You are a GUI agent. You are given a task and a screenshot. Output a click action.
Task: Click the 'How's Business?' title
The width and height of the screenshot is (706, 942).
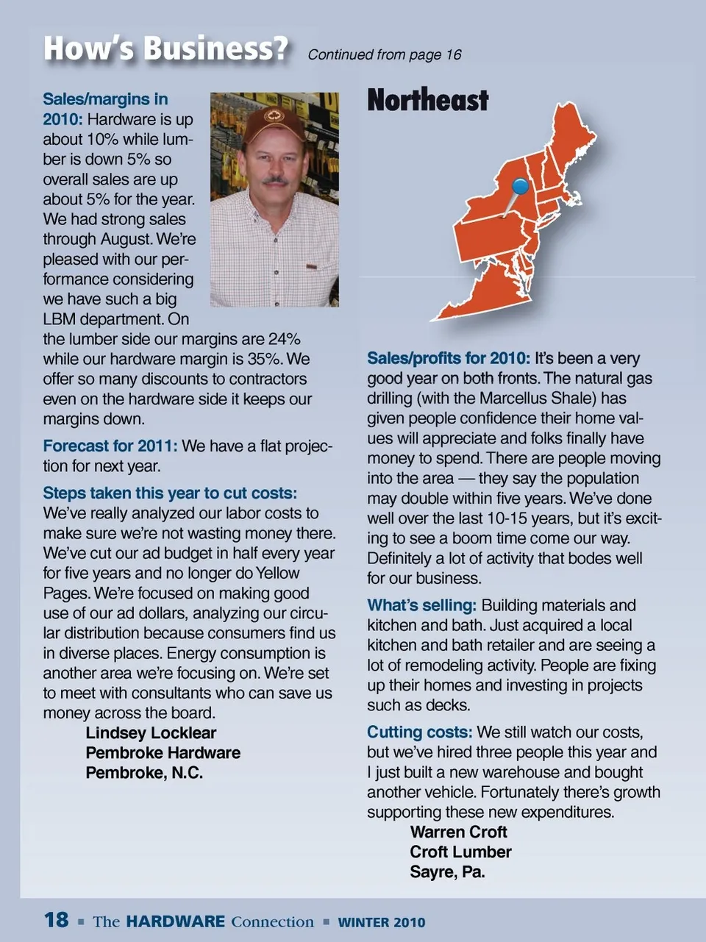pyautogui.click(x=165, y=49)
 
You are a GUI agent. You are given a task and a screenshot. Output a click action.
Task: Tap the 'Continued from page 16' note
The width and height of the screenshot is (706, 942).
pyautogui.click(x=384, y=54)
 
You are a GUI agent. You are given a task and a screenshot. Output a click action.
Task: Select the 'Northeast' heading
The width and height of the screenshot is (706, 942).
pyautogui.click(x=427, y=100)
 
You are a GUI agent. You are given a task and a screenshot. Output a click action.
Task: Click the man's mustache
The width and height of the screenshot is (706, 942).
pyautogui.click(x=275, y=179)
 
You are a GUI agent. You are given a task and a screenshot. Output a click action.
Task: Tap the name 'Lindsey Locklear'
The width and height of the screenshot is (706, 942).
pyautogui.click(x=151, y=733)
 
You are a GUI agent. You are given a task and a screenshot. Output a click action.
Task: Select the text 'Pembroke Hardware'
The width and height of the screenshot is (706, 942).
pyautogui.click(x=163, y=753)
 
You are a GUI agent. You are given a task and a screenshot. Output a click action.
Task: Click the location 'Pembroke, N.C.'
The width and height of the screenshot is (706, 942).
pyautogui.click(x=144, y=773)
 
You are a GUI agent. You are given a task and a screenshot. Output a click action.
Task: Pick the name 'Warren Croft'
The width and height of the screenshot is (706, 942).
pyautogui.click(x=458, y=832)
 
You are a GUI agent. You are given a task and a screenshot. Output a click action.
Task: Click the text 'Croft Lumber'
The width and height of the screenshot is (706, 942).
pyautogui.click(x=460, y=852)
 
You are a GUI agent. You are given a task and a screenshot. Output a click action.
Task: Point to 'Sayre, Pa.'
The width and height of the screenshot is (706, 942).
pyautogui.click(x=447, y=872)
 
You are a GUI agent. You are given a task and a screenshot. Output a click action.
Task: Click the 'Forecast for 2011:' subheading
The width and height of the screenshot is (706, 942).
pyautogui.click(x=110, y=446)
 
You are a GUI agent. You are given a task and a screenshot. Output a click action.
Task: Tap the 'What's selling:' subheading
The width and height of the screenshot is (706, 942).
pyautogui.click(x=421, y=606)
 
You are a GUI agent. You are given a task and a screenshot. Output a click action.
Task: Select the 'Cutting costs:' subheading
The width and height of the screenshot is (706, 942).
pyautogui.click(x=419, y=732)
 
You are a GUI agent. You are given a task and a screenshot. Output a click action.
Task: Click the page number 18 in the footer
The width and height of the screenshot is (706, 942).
pyautogui.click(x=56, y=920)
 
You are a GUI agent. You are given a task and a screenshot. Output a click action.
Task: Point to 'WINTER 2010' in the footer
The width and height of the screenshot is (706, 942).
pyautogui.click(x=381, y=922)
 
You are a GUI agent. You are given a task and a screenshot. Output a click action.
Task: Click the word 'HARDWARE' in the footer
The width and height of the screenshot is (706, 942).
pyautogui.click(x=175, y=921)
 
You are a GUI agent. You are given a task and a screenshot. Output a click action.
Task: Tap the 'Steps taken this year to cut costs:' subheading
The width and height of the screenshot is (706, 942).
pyautogui.click(x=170, y=493)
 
